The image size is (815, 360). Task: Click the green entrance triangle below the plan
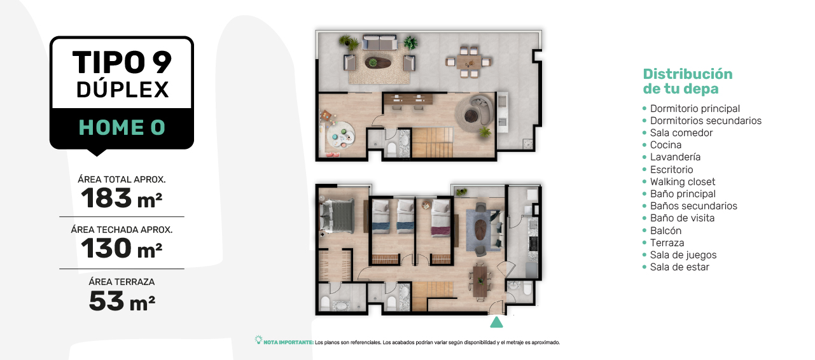[496, 322]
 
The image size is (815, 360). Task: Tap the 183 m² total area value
[122, 198]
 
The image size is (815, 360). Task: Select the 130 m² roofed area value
[122, 248]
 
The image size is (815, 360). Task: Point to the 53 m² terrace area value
[122, 301]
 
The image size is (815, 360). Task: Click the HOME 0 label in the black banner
[122, 127]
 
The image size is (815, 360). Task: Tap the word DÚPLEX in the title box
[123, 90]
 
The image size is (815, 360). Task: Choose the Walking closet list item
[683, 181]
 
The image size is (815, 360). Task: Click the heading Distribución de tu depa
[688, 81]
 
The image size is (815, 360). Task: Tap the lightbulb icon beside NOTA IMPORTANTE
[258, 340]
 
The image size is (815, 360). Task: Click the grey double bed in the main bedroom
[337, 216]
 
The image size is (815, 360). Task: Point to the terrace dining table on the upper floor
[469, 62]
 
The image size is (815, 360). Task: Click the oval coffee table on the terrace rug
[378, 62]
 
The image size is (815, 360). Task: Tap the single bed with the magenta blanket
[440, 218]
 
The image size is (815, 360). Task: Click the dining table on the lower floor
[480, 282]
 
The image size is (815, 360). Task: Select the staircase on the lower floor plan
[433, 296]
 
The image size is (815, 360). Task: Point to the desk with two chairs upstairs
[408, 99]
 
